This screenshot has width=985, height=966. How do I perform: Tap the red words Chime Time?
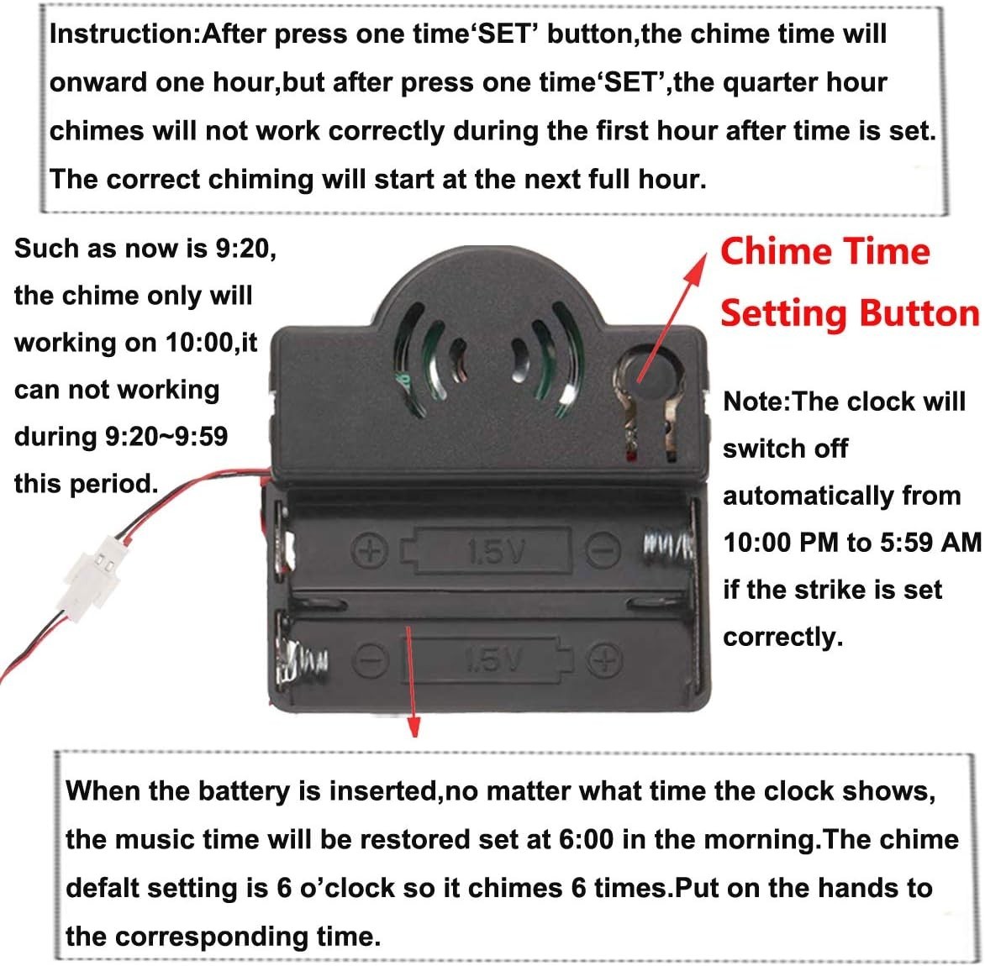pyautogui.click(x=824, y=251)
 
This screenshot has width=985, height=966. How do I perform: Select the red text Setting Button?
pyautogui.click(x=849, y=313)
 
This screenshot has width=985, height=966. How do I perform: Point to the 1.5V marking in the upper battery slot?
pyautogui.click(x=495, y=551)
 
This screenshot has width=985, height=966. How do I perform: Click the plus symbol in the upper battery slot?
pyautogui.click(x=371, y=552)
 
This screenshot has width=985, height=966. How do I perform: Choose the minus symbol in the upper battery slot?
pyautogui.click(x=602, y=551)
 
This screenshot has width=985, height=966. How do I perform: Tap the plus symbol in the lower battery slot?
pyautogui.click(x=603, y=661)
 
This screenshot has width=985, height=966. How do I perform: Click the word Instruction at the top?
pyautogui.click(x=122, y=34)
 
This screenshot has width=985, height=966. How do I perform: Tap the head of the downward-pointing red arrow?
pyautogui.click(x=413, y=727)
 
